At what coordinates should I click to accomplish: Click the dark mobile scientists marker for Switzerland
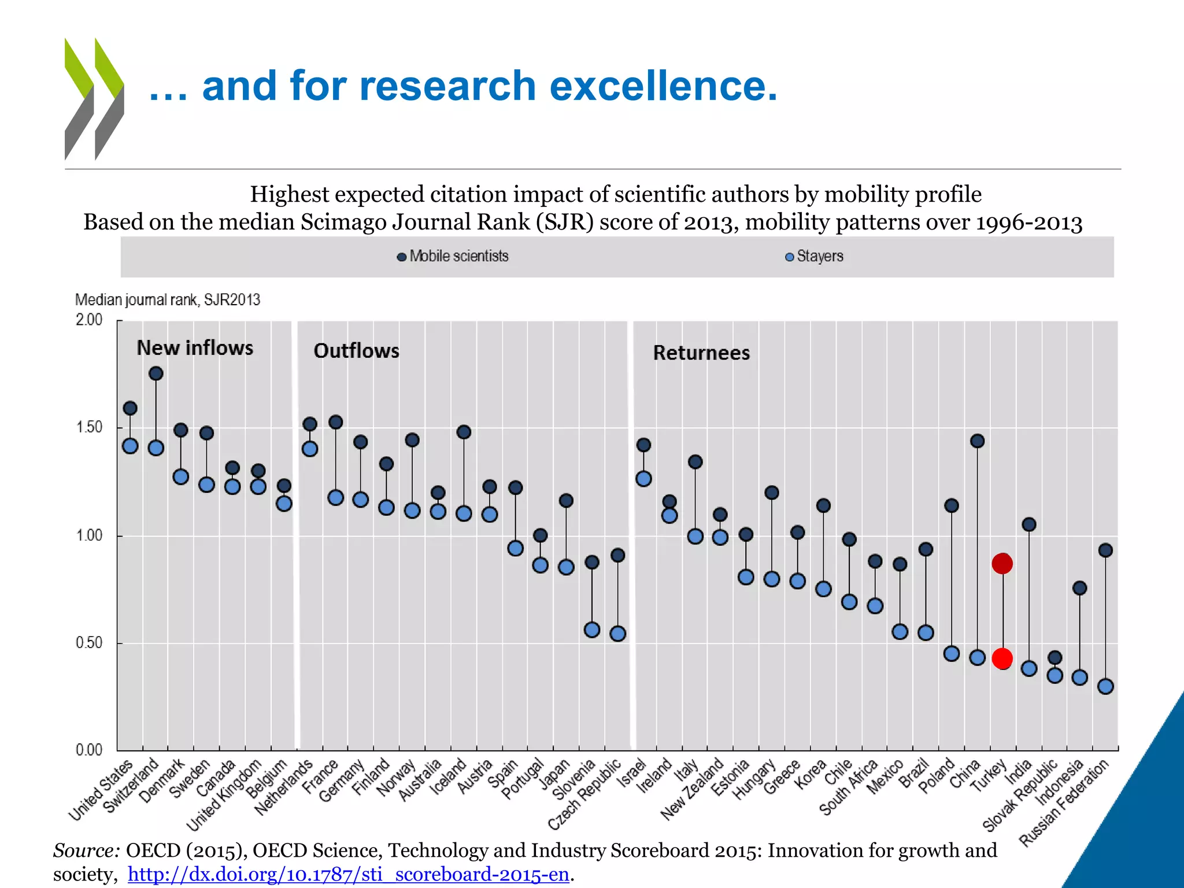pos(156,373)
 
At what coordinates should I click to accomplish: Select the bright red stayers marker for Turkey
pos(1002,658)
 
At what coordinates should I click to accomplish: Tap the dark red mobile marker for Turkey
pos(1002,563)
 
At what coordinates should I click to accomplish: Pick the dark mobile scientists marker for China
pos(977,441)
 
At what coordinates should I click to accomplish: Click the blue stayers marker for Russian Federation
pos(1105,686)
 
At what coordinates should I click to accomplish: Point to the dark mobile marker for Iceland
pos(464,432)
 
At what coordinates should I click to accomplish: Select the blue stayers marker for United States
pos(130,446)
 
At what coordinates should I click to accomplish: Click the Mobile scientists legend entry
pos(453,256)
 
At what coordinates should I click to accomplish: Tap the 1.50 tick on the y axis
pos(89,427)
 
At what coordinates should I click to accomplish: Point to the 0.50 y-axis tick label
pos(89,642)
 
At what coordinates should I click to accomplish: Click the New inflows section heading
pos(195,348)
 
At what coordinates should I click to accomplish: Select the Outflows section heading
pos(356,351)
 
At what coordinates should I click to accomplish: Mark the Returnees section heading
pos(701,353)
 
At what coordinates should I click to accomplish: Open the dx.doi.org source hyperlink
pos(349,874)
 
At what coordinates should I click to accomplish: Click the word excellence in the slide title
pos(663,86)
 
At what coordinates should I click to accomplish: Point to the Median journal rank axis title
pos(168,299)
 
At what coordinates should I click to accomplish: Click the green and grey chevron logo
pos(94,99)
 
